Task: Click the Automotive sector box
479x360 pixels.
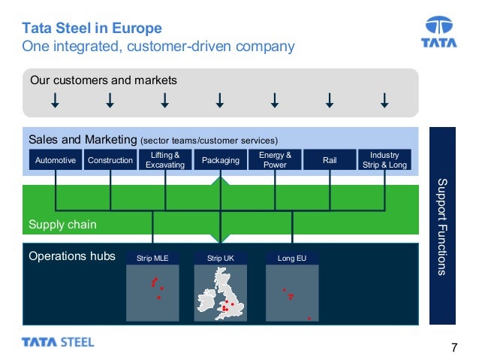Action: coord(56,160)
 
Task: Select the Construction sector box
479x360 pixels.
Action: coord(110,160)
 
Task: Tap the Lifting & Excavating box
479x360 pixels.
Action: coord(165,160)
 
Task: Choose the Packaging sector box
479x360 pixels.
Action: coord(221,160)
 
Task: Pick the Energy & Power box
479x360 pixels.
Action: coord(275,160)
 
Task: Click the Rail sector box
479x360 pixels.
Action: coord(330,160)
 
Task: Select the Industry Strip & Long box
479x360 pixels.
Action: coord(385,160)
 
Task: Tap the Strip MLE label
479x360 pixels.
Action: coord(152,259)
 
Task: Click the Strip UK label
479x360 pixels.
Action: coord(221,259)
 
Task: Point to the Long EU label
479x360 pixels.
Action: coord(291,259)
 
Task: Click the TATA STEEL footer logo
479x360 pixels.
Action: coord(58,343)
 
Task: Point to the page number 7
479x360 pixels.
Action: coord(453,347)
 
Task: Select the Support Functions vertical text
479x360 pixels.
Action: coord(441,226)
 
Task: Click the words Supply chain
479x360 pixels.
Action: coord(62,225)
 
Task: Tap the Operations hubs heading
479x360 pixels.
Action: coord(72,256)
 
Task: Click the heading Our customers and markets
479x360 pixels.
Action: coord(103,80)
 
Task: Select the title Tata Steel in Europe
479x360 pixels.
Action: coord(92,29)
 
